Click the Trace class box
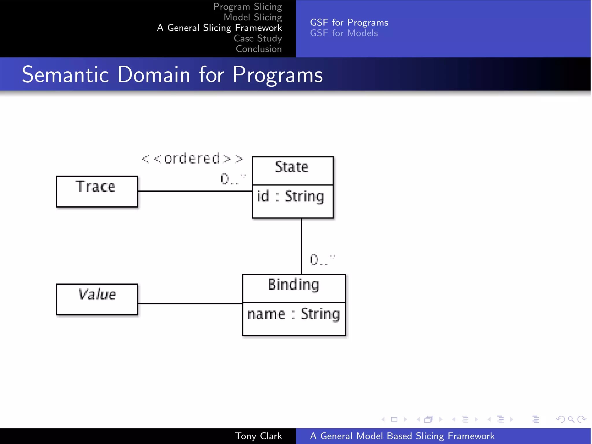97,191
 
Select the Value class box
97,299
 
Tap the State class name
292,167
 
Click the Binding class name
294,285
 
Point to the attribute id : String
291,197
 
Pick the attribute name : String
294,314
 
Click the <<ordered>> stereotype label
192,159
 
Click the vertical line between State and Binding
301,246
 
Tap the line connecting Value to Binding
190,304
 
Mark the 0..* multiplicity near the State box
233,179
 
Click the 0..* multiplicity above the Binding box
322,260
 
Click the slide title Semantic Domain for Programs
172,75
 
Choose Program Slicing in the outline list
247,7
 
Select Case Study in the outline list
258,38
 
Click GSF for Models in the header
344,33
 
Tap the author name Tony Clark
258,436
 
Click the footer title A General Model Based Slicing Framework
402,436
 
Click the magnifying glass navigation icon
571,419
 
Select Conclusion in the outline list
259,49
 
